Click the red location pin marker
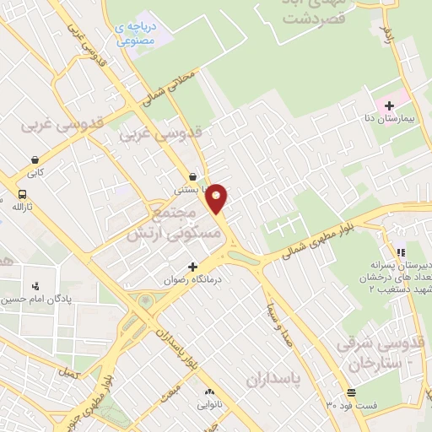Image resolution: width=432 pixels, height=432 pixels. coord(217,198)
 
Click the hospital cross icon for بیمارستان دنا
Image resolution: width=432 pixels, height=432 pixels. coord(389,105)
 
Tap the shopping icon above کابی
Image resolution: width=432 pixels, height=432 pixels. coord(35,159)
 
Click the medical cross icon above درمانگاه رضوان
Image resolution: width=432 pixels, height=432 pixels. coord(193,267)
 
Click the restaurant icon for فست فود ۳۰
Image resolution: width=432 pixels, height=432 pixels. coord(351,392)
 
